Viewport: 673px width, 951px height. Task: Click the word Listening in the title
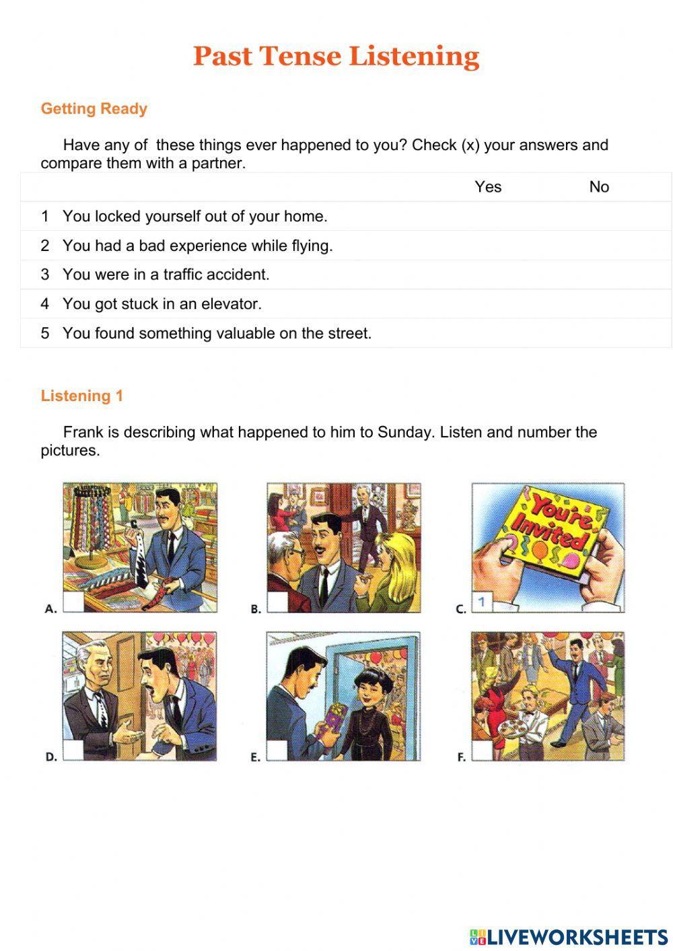pyautogui.click(x=414, y=57)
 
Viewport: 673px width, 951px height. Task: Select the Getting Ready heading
pyautogui.click(x=94, y=109)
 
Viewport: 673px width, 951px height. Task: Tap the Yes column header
pyautogui.click(x=488, y=187)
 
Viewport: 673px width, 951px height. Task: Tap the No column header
pyautogui.click(x=599, y=187)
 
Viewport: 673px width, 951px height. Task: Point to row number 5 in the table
pyautogui.click(x=45, y=333)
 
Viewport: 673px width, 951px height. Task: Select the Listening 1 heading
pyautogui.click(x=82, y=396)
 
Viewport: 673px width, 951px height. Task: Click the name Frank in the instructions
pyautogui.click(x=83, y=432)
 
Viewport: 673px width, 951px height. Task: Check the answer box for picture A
pyautogui.click(x=73, y=602)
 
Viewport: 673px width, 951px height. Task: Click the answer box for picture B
pyautogui.click(x=277, y=602)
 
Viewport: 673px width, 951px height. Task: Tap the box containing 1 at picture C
pyautogui.click(x=482, y=602)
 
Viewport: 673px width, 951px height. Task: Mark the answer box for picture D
pyautogui.click(x=73, y=750)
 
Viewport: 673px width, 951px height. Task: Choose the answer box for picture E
pyautogui.click(x=277, y=750)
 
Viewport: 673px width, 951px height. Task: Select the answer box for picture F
pyautogui.click(x=482, y=750)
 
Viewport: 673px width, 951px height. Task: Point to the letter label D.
pyautogui.click(x=50, y=757)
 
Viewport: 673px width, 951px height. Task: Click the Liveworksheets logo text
pyautogui.click(x=576, y=936)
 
